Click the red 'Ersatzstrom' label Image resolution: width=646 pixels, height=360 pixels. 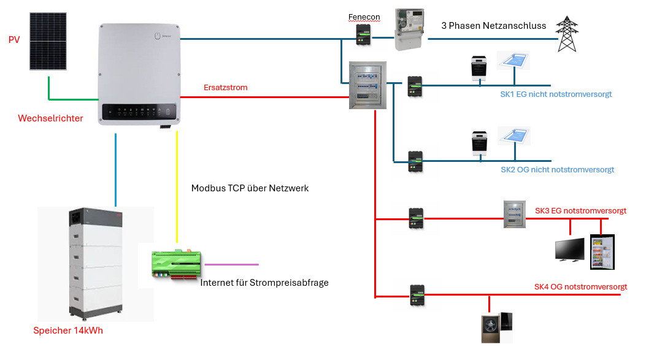point(225,88)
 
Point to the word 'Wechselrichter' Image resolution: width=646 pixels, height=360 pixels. point(50,118)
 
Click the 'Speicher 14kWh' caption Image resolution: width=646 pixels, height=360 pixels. point(69,331)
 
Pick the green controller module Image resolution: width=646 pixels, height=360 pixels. point(177,264)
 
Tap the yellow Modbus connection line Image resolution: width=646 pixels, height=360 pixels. point(177,184)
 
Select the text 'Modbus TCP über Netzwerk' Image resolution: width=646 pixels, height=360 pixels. point(250,188)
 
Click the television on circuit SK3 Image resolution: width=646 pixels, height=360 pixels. point(569,250)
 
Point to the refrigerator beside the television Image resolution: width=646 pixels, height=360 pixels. point(602,251)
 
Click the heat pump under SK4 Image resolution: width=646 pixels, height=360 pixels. point(496,328)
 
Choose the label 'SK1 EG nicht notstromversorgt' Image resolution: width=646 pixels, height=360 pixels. point(556,94)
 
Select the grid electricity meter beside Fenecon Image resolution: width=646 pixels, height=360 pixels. point(410,29)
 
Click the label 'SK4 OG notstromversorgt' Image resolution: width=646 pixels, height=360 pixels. point(580,286)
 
